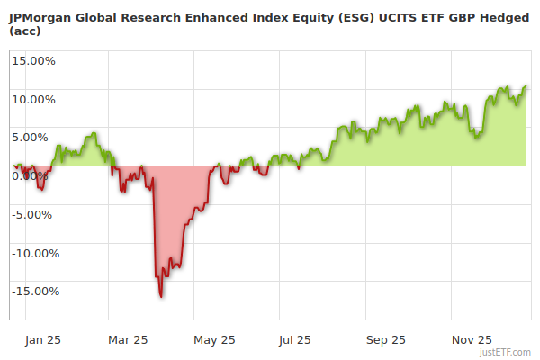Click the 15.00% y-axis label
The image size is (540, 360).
(x=33, y=61)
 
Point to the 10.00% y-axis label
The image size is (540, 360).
(x=33, y=99)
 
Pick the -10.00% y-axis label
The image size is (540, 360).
(x=33, y=253)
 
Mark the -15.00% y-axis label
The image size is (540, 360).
(x=33, y=291)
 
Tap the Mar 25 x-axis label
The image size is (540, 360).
(x=127, y=340)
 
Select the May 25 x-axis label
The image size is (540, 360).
(x=214, y=340)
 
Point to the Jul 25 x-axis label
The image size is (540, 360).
(x=295, y=340)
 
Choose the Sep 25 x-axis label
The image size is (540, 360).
(x=384, y=340)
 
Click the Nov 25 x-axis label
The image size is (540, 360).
(x=472, y=340)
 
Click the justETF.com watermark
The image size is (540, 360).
(x=506, y=352)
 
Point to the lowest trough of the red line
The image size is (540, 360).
(x=161, y=296)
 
